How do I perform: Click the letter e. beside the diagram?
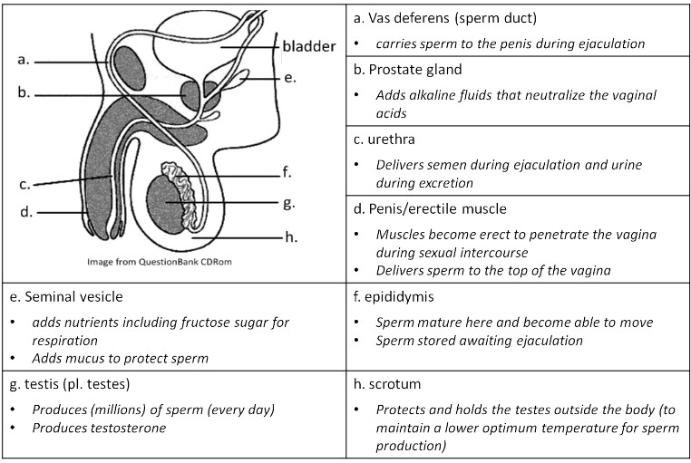click(289, 79)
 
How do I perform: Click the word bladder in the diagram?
click(308, 45)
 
